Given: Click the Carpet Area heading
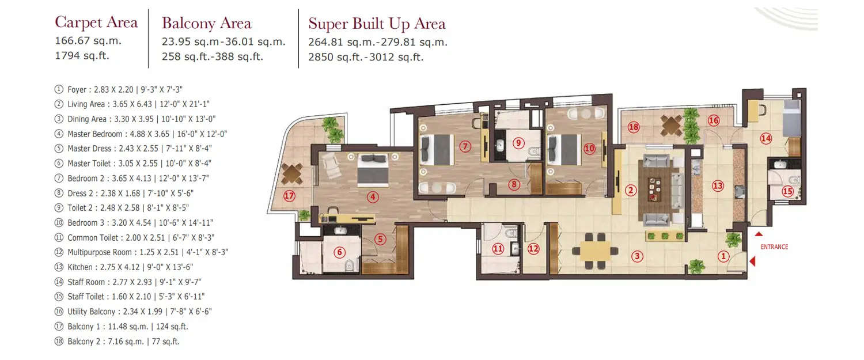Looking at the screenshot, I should pyautogui.click(x=96, y=22).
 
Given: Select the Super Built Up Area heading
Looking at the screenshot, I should pyautogui.click(x=377, y=24).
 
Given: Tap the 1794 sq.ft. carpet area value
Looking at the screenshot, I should pyautogui.click(x=82, y=56).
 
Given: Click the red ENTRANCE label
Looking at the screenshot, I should pyautogui.click(x=774, y=247).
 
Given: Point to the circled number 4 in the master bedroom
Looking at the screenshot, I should pyautogui.click(x=373, y=197).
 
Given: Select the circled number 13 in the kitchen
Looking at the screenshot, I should pyautogui.click(x=718, y=186).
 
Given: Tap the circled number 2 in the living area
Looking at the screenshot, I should pyautogui.click(x=631, y=190).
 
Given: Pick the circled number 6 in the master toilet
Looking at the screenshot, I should pyautogui.click(x=339, y=252).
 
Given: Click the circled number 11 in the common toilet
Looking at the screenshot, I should pyautogui.click(x=498, y=249).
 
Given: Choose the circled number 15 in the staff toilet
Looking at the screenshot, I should pyautogui.click(x=787, y=191).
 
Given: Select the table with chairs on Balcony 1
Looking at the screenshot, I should pyautogui.click(x=293, y=172).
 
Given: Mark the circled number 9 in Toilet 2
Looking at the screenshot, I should pyautogui.click(x=518, y=142).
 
